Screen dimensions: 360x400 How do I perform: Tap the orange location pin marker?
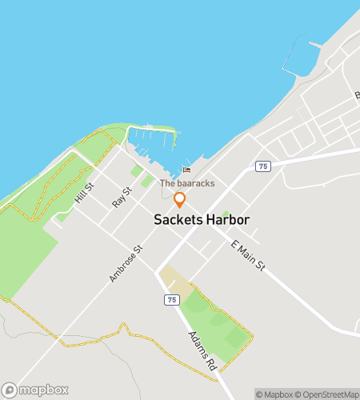(180, 200)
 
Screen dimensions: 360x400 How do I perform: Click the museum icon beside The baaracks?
(187, 170)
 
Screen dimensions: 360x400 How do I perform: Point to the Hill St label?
(84, 193)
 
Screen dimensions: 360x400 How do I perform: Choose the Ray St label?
(122, 198)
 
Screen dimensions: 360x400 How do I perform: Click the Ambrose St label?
(126, 264)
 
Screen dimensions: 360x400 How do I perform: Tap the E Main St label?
(247, 254)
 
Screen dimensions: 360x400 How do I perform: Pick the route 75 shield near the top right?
(263, 166)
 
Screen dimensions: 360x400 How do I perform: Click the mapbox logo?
(36, 390)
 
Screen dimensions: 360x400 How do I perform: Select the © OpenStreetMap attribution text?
(328, 394)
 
